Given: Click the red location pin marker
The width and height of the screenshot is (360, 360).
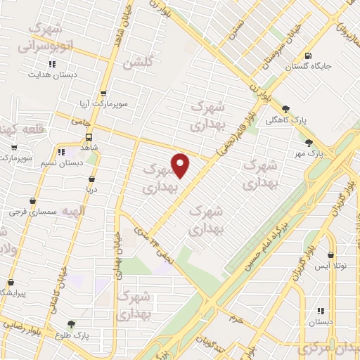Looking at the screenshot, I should point(181,165).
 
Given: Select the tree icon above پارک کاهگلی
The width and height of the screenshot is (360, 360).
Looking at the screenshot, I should point(285,108).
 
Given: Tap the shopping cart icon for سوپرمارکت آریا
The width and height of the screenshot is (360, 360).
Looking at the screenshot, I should point(103,93).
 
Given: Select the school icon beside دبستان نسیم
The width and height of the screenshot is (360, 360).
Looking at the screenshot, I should point(61,151).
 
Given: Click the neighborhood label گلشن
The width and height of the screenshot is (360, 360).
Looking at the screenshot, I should point(138,63).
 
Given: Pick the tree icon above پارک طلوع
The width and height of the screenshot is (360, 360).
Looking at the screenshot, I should point(72,324).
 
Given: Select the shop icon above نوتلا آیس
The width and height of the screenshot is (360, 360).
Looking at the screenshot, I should point(330,255).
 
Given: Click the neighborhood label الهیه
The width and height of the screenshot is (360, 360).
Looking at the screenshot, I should point(72,211).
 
